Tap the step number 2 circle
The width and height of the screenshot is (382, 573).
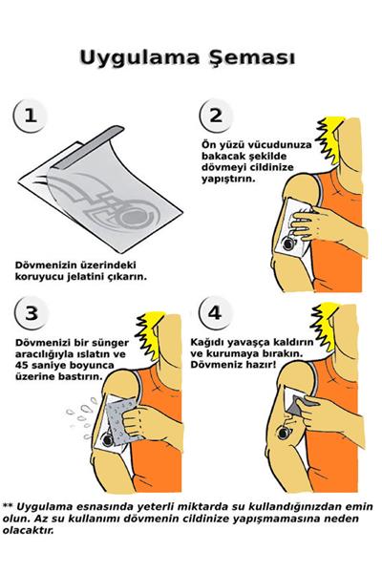[215, 117]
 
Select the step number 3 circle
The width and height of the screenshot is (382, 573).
[32, 312]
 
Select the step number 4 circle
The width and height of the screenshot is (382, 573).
[215, 312]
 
